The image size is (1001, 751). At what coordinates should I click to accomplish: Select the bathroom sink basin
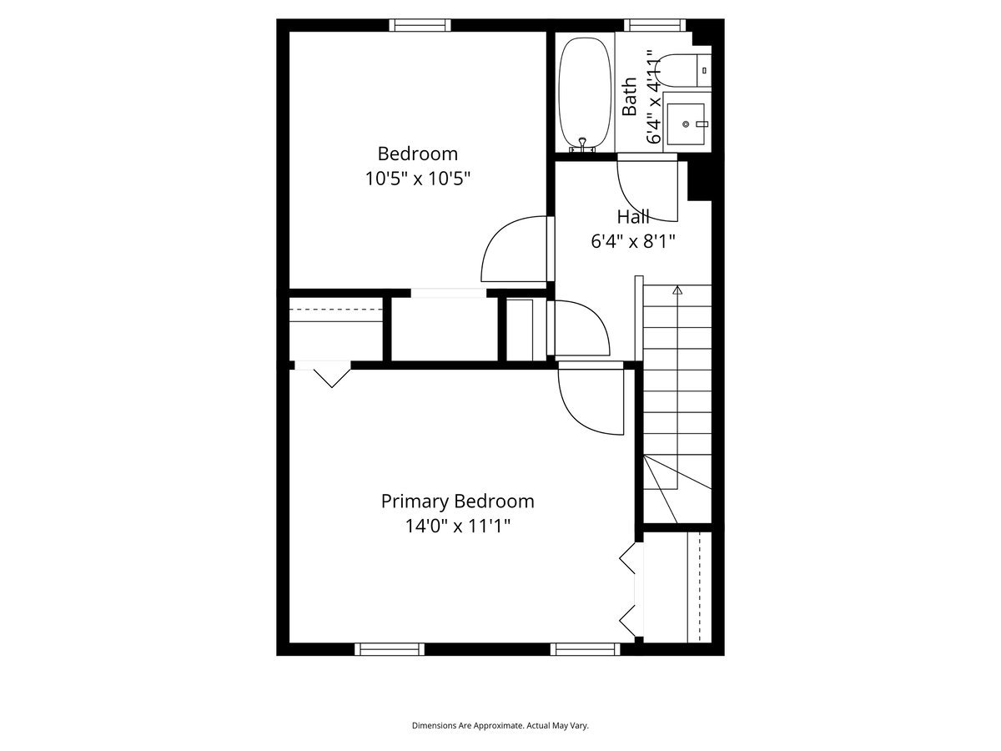pyautogui.click(x=686, y=123)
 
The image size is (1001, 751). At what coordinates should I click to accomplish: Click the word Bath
pyautogui.click(x=629, y=97)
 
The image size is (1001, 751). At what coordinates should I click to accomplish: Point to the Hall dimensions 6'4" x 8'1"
pyautogui.click(x=633, y=241)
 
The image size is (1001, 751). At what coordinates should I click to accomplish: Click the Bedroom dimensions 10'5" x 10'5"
pyautogui.click(x=417, y=179)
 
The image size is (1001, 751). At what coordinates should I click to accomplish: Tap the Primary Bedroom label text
pyautogui.click(x=457, y=502)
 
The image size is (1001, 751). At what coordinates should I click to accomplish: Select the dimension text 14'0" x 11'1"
pyautogui.click(x=457, y=527)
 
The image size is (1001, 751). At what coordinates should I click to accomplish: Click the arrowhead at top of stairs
pyautogui.click(x=677, y=290)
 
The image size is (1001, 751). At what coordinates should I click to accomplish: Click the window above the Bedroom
pyautogui.click(x=420, y=25)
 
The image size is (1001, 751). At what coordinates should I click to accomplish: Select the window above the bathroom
pyautogui.click(x=655, y=25)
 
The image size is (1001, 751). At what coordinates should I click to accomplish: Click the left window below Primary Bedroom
pyautogui.click(x=390, y=649)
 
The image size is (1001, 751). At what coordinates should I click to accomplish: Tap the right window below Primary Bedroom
pyautogui.click(x=585, y=649)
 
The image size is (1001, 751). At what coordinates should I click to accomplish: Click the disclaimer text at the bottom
pyautogui.click(x=500, y=725)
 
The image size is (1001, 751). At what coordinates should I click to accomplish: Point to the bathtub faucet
pyautogui.click(x=582, y=144)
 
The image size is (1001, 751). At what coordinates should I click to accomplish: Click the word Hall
pyautogui.click(x=633, y=217)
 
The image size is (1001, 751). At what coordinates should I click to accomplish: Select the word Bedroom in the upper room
pyautogui.click(x=417, y=154)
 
